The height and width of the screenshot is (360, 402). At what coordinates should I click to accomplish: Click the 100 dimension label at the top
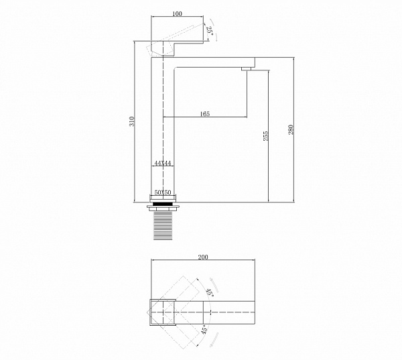pyautogui.click(x=177, y=13)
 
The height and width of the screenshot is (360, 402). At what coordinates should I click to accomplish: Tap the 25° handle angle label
pyautogui.click(x=210, y=30)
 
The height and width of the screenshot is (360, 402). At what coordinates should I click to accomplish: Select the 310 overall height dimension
pyautogui.click(x=132, y=121)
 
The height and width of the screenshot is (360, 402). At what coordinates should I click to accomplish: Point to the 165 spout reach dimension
pyautogui.click(x=204, y=114)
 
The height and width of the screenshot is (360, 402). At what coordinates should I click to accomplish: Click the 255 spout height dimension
pyautogui.click(x=265, y=135)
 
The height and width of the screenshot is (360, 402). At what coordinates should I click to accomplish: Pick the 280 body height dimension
pyautogui.click(x=291, y=130)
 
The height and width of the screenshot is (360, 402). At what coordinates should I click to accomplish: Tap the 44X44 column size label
pyautogui.click(x=163, y=163)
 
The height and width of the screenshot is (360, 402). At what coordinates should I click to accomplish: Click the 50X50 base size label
pyautogui.click(x=163, y=192)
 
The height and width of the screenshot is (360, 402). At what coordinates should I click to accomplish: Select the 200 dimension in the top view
pyautogui.click(x=203, y=257)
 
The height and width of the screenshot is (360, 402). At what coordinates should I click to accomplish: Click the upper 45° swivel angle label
pyautogui.click(x=210, y=292)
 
